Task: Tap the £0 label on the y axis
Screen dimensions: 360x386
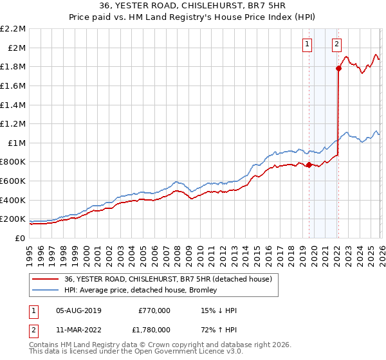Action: click(x=20, y=238)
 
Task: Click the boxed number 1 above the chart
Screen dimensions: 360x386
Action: click(x=307, y=44)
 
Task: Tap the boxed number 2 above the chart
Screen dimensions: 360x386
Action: click(x=336, y=44)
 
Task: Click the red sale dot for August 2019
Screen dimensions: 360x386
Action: click(x=309, y=165)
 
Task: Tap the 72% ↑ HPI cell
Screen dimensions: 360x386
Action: click(x=219, y=330)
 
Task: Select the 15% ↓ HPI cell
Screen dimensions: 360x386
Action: click(x=219, y=310)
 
